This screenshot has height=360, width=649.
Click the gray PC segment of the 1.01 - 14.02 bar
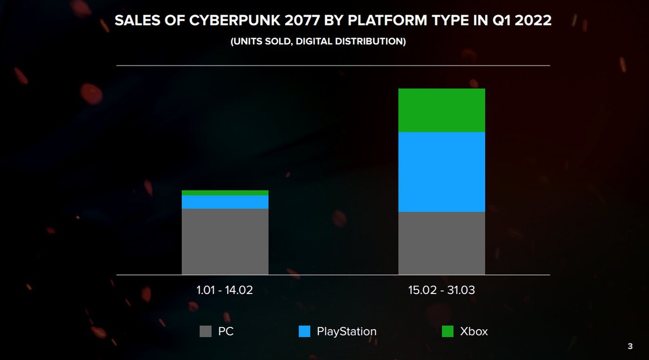click(225, 242)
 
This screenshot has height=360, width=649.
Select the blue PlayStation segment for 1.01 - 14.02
click(225, 202)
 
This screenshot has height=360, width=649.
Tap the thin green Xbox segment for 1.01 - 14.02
click(225, 193)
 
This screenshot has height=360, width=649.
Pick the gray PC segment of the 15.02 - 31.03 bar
click(441, 243)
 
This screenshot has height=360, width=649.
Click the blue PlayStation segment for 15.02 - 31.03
click(441, 172)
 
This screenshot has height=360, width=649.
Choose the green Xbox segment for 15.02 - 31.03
click(441, 110)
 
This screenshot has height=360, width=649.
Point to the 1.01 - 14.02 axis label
click(225, 290)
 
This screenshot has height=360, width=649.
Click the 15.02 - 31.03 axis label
click(441, 290)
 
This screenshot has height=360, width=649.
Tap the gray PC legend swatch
click(206, 331)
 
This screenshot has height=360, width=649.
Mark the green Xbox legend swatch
click(447, 331)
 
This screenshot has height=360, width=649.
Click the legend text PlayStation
click(347, 331)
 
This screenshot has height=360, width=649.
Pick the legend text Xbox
click(474, 331)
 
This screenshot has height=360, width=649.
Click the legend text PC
click(226, 331)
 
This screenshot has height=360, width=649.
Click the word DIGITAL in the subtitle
click(327, 42)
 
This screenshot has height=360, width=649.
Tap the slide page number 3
click(630, 346)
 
